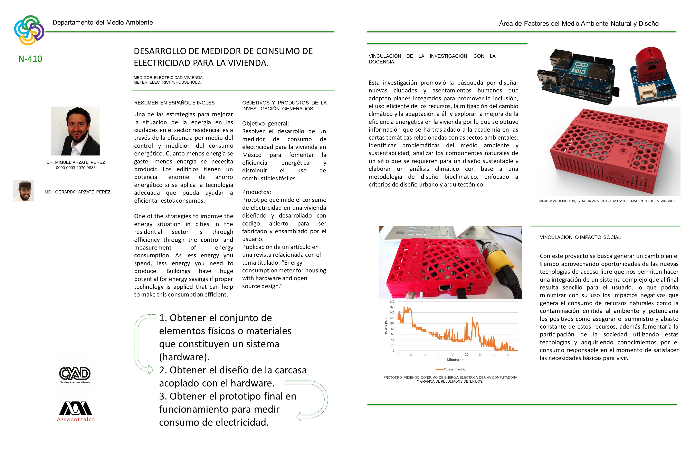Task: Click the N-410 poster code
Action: (30, 59)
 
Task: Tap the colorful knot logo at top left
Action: (29, 30)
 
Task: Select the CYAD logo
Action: (75, 374)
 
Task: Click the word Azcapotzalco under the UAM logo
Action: (76, 419)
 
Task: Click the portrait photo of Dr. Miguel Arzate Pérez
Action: (75, 131)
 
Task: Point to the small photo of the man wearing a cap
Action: (24, 190)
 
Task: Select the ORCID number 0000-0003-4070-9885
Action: (76, 168)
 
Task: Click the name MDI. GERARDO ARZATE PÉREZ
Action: (77, 192)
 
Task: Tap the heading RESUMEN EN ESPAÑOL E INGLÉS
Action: (174, 103)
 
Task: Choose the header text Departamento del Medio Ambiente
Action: (103, 22)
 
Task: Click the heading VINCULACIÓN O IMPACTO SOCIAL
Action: (580, 237)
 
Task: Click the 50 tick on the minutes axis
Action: (466, 354)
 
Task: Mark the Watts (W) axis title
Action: (386, 326)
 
